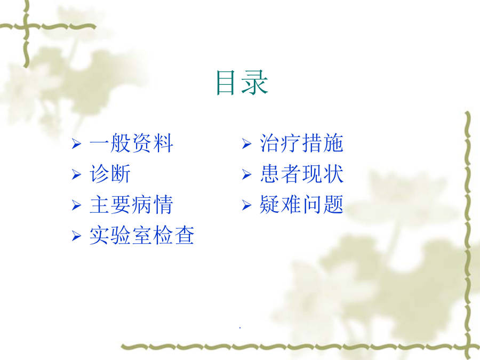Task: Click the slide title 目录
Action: [x=242, y=82]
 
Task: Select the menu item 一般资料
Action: [x=131, y=143]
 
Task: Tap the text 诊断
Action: [x=110, y=173]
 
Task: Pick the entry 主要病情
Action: [x=131, y=204]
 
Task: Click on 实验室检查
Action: [x=142, y=235]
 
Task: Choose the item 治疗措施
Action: [x=301, y=143]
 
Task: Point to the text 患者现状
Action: [x=301, y=173]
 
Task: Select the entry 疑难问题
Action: [x=301, y=204]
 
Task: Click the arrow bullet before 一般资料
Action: [x=76, y=143]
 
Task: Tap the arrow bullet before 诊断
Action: [x=76, y=174]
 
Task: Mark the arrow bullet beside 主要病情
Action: [x=76, y=205]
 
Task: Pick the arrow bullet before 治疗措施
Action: [x=247, y=143]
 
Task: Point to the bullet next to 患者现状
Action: [x=247, y=174]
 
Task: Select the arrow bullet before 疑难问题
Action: [x=247, y=205]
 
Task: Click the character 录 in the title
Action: [x=255, y=82]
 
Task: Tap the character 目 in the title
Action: [x=226, y=83]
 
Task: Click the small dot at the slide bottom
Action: [x=240, y=328]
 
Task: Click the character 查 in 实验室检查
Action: [x=185, y=235]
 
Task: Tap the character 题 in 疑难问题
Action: [x=334, y=204]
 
